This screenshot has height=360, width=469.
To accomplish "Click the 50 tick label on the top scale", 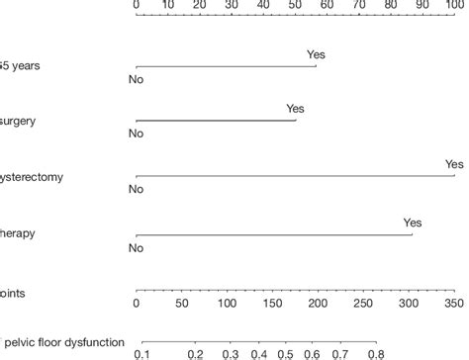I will tap(296, 5).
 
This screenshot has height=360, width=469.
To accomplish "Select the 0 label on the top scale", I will tap(137, 5).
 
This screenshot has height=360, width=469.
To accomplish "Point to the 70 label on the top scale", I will tap(359, 5).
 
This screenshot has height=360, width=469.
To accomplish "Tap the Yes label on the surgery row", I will tap(295, 109).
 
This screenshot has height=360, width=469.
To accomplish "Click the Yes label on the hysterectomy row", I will tap(454, 164).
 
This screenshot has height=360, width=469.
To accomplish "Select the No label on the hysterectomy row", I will tap(137, 188).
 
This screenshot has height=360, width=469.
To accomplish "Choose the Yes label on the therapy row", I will tap(413, 223).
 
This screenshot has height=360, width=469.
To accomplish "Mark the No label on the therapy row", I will tap(137, 247).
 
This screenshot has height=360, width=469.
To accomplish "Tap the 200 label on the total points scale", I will tap(318, 305).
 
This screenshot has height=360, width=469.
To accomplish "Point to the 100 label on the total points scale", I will tap(227, 305).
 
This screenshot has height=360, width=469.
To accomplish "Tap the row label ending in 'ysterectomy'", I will tap(34, 177).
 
